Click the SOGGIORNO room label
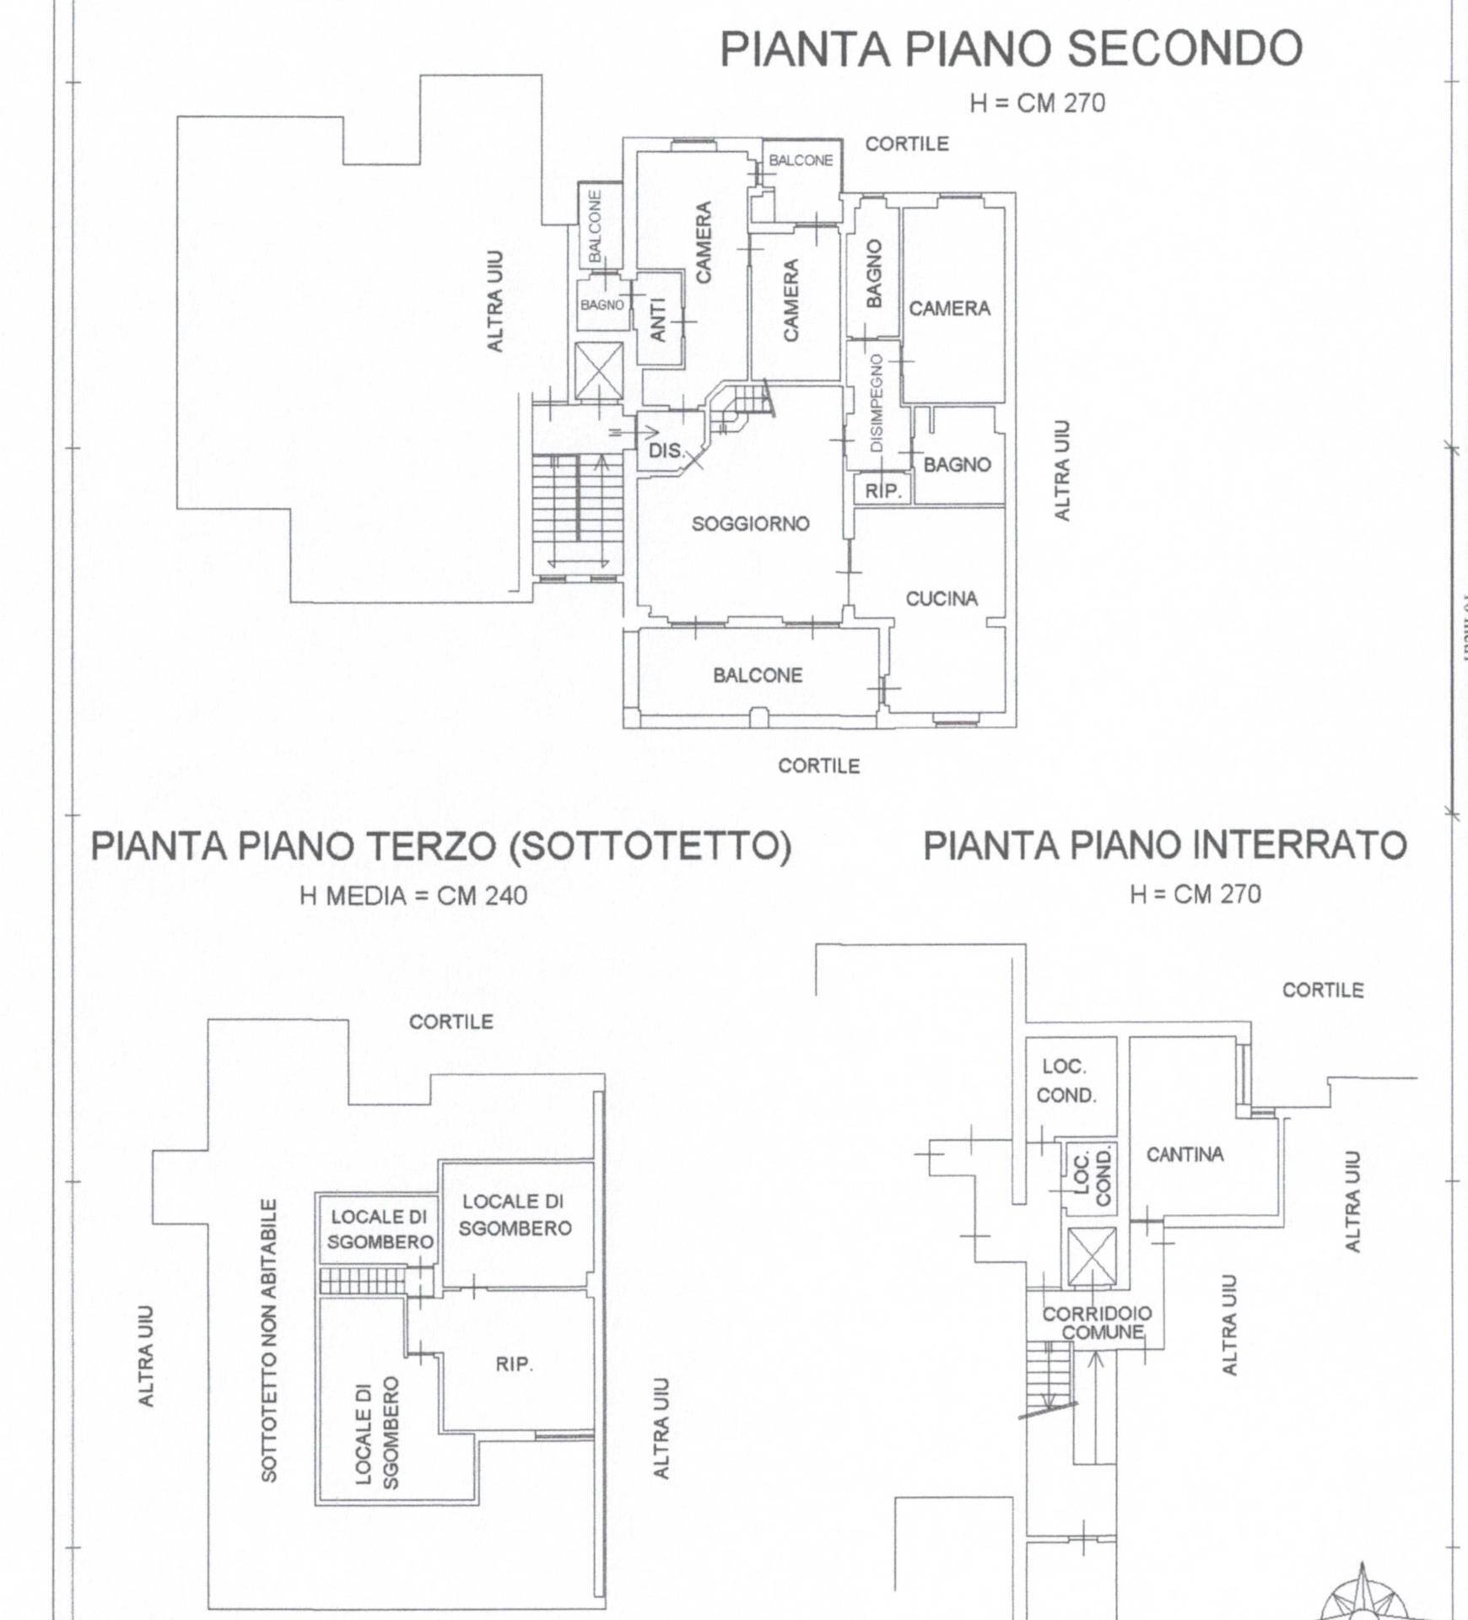750,524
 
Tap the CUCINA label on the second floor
942,599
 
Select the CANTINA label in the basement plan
1185,1154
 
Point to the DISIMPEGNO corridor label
877,402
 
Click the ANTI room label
658,319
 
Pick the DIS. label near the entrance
666,451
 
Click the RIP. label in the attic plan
514,1364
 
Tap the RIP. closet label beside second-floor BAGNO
883,491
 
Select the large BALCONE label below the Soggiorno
758,675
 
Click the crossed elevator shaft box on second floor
598,370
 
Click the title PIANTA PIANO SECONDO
1011,48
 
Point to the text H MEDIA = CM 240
413,895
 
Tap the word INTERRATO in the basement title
1300,845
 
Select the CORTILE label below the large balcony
818,766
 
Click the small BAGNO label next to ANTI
602,305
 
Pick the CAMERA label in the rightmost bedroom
949,309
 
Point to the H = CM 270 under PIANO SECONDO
1037,103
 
